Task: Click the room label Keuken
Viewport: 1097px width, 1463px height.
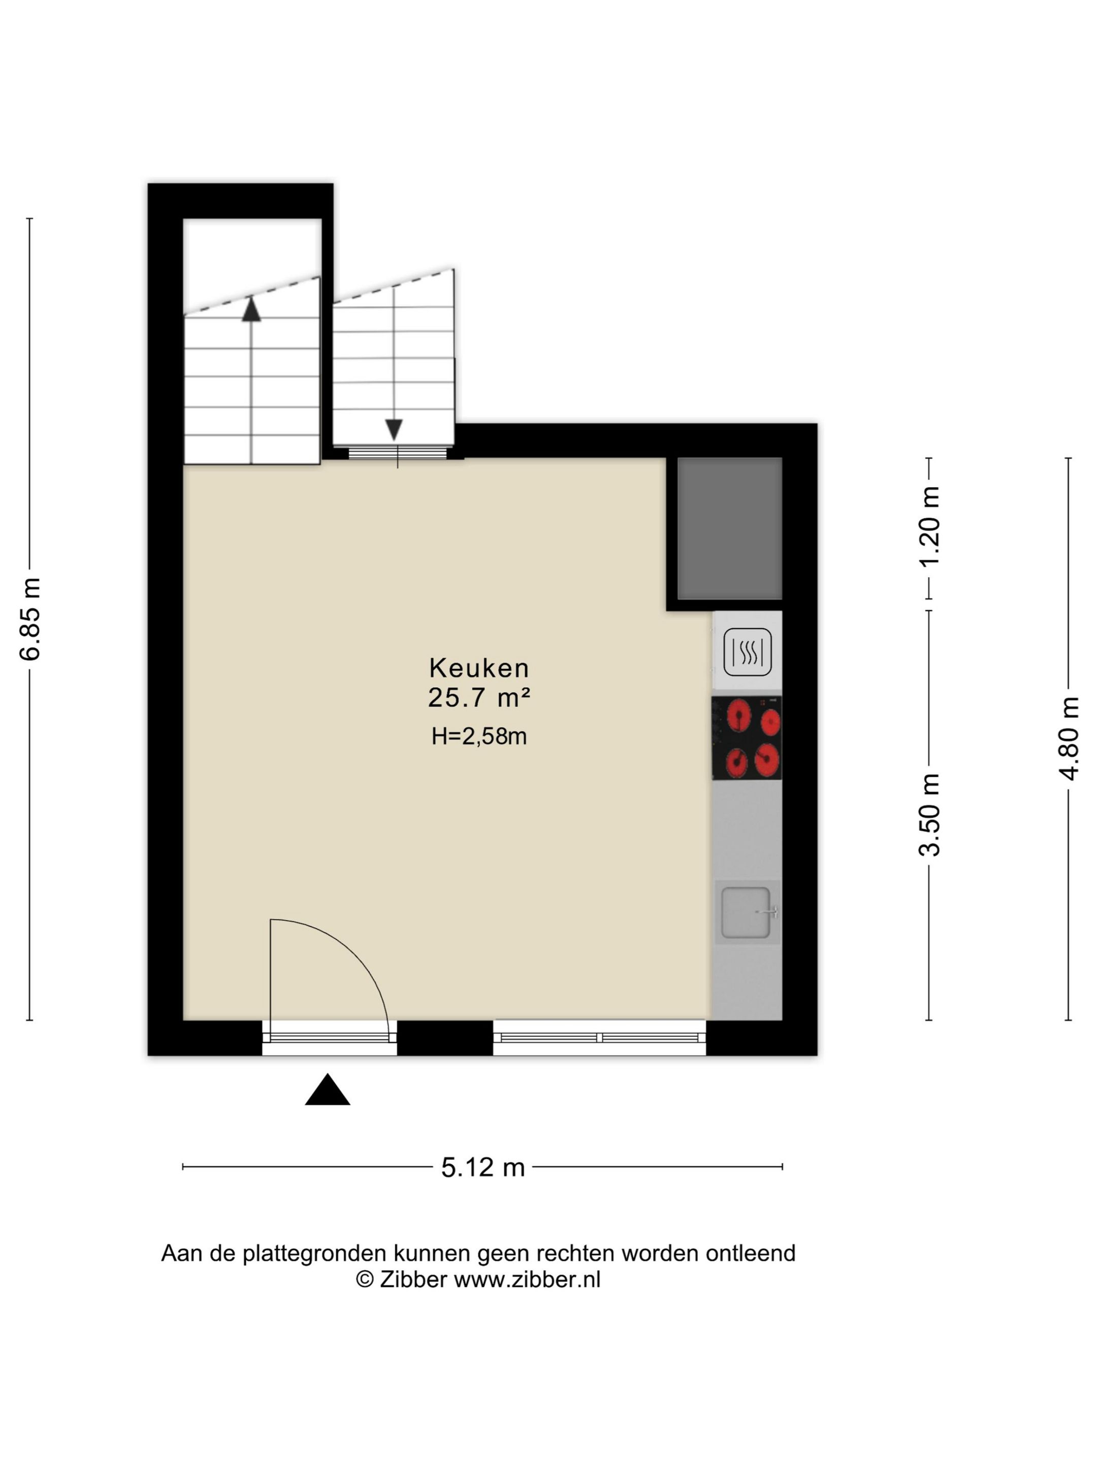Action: tap(479, 667)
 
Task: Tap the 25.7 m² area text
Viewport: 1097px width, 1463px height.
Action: tap(479, 697)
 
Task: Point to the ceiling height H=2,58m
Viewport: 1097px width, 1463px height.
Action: tap(479, 736)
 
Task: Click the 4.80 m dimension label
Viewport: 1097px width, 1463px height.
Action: tap(1069, 738)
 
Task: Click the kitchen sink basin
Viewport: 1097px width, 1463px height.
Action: tap(746, 913)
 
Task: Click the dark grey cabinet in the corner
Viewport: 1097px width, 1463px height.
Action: tap(729, 528)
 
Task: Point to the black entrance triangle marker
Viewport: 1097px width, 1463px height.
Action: tap(327, 1089)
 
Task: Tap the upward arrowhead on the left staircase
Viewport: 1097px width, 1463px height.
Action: tap(251, 309)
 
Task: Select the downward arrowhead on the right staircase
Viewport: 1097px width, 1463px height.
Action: tap(394, 430)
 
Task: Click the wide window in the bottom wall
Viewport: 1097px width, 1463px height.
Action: tap(600, 1038)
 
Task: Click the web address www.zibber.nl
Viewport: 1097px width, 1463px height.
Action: tap(527, 1280)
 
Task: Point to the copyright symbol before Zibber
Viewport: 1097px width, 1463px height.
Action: tap(364, 1279)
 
